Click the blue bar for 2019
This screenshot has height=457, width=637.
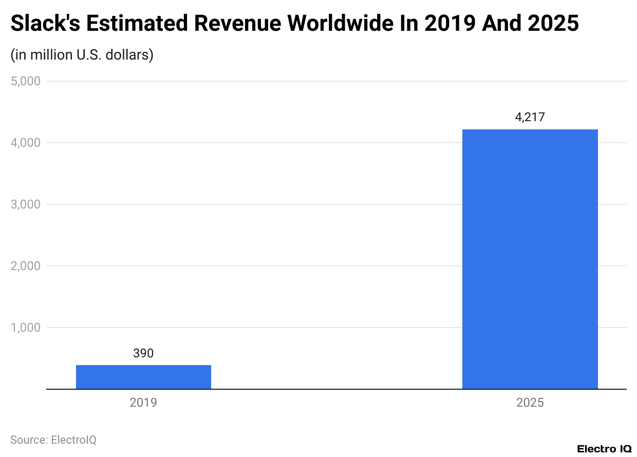143,377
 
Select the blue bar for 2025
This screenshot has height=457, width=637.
530,259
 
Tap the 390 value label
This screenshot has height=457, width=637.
143,353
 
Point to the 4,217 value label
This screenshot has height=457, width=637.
530,117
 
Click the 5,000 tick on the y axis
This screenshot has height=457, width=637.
26,81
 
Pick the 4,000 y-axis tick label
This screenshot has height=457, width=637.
26,143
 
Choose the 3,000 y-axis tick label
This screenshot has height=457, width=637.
26,204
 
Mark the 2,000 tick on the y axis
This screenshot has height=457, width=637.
26,266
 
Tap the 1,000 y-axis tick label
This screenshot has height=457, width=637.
26,328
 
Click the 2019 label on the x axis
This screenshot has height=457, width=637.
143,402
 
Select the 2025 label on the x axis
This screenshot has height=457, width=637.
530,402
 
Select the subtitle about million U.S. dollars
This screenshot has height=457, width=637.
82,54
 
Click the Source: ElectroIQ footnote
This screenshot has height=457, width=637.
53,440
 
